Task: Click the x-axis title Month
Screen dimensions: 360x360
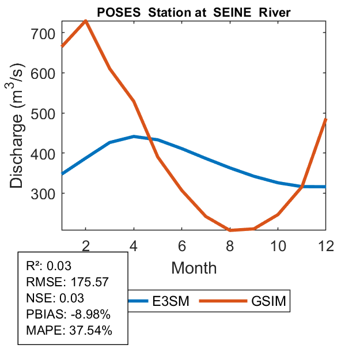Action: (x=194, y=268)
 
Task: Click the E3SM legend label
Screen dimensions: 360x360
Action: (x=175, y=301)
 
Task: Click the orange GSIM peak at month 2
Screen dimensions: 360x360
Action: (x=86, y=21)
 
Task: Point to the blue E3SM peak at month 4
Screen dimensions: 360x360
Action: (x=134, y=137)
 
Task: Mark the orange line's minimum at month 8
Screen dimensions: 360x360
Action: (x=229, y=230)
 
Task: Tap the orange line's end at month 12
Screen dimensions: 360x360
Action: (x=325, y=120)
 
